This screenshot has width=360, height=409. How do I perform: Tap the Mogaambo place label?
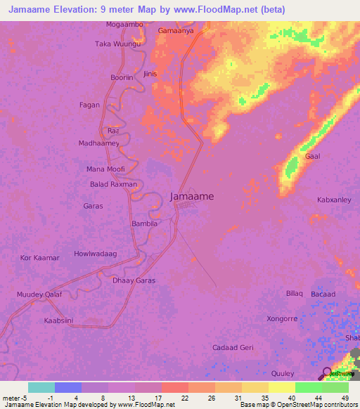click(x=124, y=24)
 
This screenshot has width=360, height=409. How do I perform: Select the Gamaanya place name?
click(x=176, y=31)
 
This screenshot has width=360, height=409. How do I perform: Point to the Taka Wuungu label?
click(x=118, y=44)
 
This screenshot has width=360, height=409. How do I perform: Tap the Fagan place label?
click(x=89, y=105)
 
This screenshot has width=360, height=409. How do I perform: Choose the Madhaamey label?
click(x=99, y=143)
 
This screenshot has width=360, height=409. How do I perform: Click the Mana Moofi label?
click(x=105, y=169)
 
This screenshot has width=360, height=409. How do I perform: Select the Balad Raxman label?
click(x=114, y=184)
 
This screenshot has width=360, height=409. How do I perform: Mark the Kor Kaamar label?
click(x=40, y=258)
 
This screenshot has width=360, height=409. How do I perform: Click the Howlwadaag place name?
click(x=95, y=253)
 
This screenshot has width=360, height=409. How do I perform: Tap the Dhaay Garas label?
click(x=134, y=280)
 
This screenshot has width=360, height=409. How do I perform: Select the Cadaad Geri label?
click(x=233, y=347)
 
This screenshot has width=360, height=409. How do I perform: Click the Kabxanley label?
click(x=334, y=200)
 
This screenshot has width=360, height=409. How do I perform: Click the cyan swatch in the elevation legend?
click(x=41, y=388)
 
